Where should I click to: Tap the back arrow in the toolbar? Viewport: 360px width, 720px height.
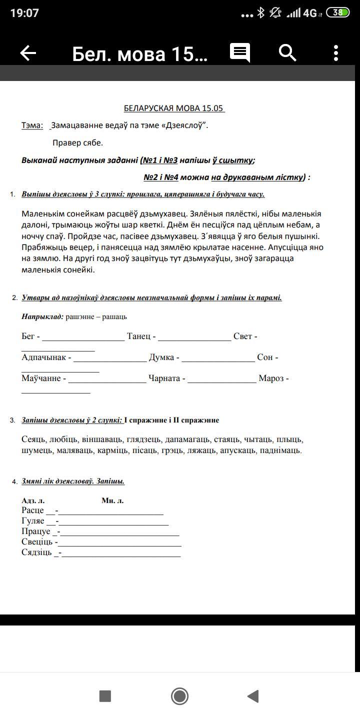28,53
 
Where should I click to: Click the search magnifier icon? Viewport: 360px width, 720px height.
287,52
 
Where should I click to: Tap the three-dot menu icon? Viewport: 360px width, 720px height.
336,53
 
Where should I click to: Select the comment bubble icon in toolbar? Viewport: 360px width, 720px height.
240,52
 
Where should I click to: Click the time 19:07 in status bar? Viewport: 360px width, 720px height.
24,13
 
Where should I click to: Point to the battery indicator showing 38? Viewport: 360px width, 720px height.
338,13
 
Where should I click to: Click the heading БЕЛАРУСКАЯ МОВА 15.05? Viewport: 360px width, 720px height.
174,108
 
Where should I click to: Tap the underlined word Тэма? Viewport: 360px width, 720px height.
32,125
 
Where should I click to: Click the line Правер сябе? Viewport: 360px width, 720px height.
77,143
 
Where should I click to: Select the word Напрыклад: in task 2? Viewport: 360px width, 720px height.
42,316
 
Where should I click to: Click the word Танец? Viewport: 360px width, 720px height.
138,336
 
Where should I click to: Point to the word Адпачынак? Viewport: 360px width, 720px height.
43,357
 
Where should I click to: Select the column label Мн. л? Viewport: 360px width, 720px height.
112,500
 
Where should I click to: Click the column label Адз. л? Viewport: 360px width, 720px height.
33,500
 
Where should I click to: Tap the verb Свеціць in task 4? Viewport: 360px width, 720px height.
37,542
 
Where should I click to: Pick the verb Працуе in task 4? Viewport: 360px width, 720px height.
35,531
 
